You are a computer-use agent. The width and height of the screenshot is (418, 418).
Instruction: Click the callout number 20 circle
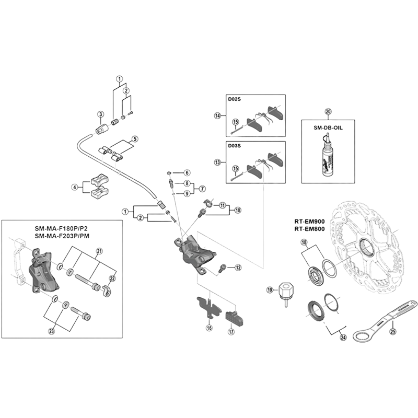pos(328,111)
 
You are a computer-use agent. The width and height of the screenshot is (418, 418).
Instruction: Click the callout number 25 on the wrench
pos(393,330)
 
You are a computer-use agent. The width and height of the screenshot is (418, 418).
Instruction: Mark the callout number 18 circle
pos(305,242)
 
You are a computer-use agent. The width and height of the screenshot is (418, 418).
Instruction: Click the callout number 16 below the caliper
pos(209,328)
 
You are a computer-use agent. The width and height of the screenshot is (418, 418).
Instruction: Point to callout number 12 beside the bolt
pos(238,268)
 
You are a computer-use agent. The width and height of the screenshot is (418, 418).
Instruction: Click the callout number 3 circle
pos(100,114)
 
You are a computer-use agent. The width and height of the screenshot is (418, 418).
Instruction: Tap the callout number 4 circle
pos(75,187)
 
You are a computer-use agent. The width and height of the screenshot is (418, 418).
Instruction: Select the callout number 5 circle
pos(134,140)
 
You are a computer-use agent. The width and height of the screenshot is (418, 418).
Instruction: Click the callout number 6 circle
pos(187,172)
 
